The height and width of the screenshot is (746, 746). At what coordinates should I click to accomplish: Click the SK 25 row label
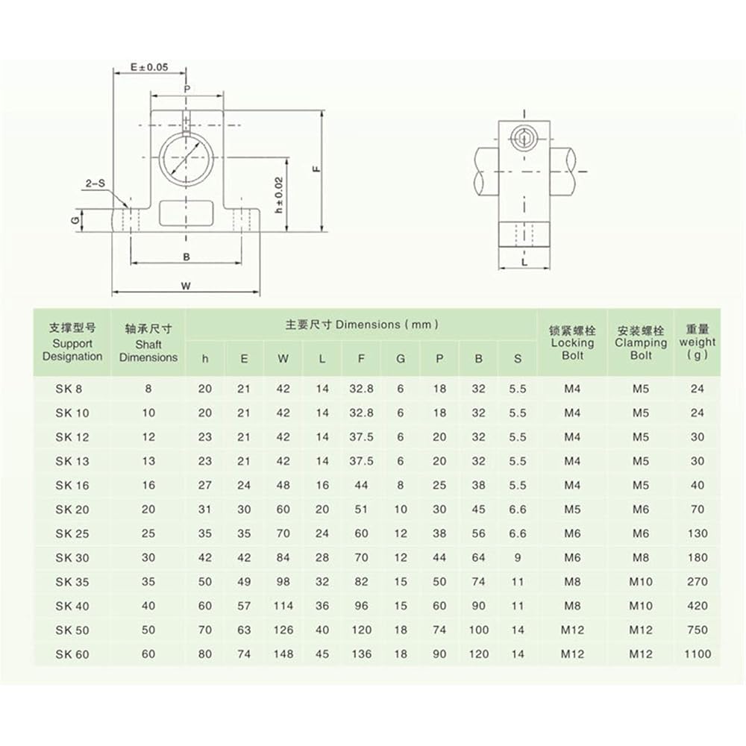pos(72,533)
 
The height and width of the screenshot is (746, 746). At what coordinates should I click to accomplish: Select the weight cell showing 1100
pos(697,654)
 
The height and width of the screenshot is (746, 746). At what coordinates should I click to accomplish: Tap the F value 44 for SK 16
pos(361,486)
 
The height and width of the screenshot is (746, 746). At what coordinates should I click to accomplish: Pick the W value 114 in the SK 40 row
pos(283,606)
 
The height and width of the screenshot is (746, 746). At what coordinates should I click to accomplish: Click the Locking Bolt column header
pos(572,343)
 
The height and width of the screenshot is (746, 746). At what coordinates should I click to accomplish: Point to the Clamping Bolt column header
pos(640,343)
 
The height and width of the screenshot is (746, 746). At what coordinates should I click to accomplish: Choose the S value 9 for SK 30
pos(518,557)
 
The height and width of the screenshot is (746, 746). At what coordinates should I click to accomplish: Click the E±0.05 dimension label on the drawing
pos(149,67)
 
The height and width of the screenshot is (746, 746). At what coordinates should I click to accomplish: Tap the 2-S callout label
pos(95,184)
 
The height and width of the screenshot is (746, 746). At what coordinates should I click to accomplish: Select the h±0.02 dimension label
pos(279,195)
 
